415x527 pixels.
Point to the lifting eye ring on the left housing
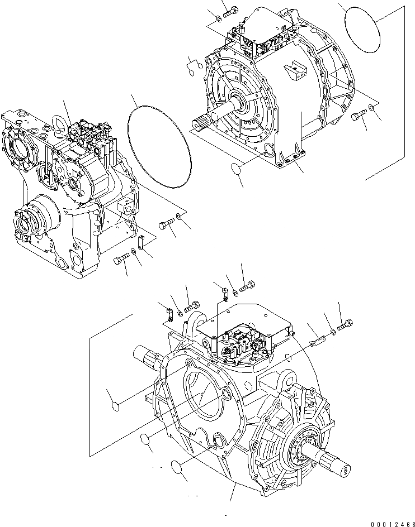click(x=59, y=121)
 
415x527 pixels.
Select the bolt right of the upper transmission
click(x=359, y=116)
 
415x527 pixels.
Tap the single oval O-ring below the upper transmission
click(x=237, y=169)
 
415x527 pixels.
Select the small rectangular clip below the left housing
click(x=141, y=241)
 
